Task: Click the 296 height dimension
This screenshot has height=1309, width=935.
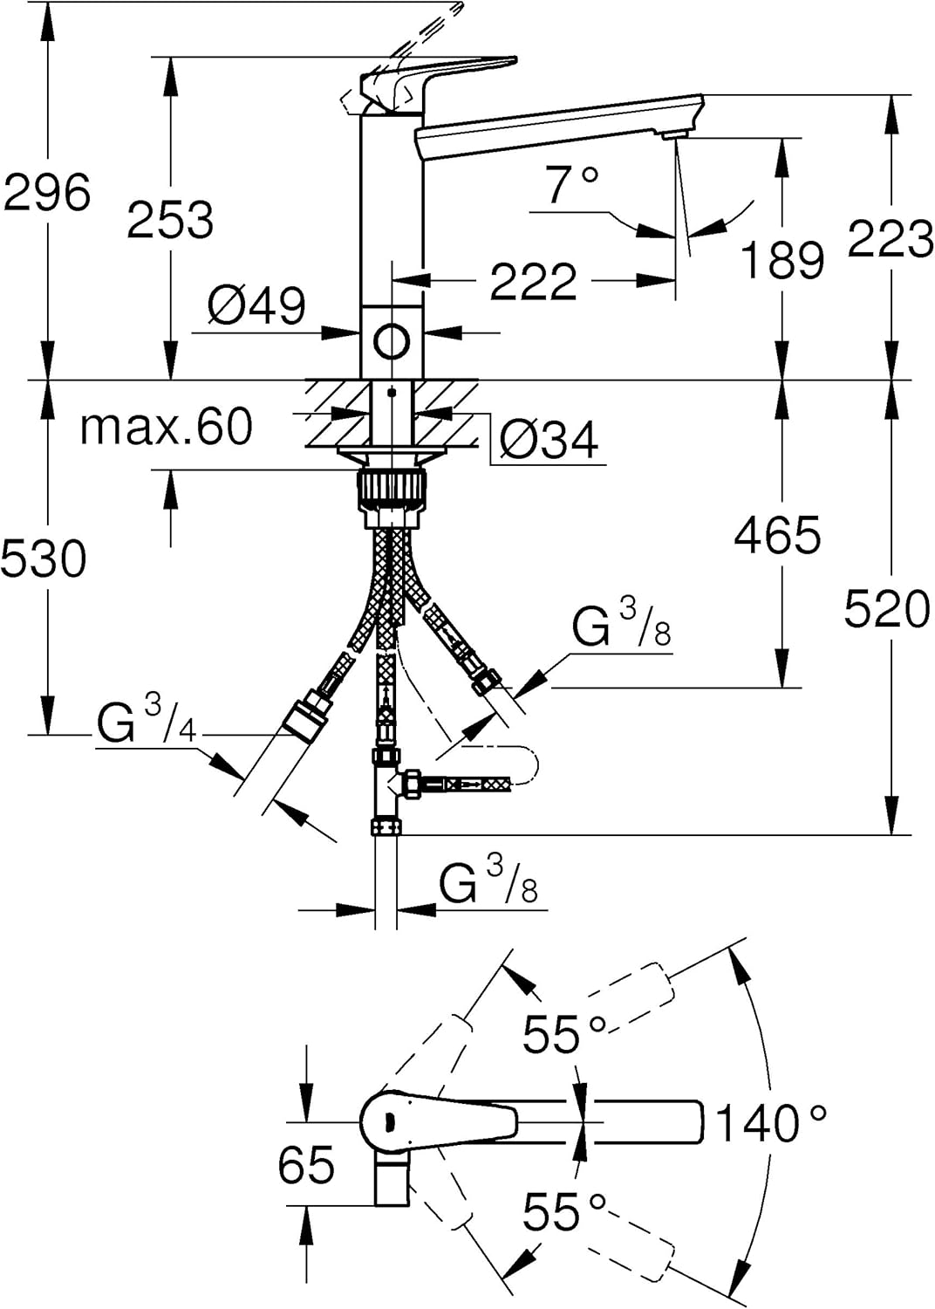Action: (47, 192)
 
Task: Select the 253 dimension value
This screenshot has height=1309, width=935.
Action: (170, 220)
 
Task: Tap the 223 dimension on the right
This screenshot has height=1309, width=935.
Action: (891, 238)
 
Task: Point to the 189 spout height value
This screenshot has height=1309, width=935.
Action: (782, 259)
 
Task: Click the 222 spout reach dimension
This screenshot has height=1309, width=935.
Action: (533, 281)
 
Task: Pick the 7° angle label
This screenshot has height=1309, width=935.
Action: (572, 184)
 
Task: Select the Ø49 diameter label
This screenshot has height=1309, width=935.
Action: (256, 305)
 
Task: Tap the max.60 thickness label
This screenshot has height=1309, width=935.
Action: (166, 427)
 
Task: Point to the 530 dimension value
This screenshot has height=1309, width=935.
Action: (44, 559)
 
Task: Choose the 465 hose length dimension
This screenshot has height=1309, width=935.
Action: (777, 534)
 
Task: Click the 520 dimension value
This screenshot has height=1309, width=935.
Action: (886, 609)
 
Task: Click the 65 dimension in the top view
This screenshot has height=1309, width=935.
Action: (306, 1164)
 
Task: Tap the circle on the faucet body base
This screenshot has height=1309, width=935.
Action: (392, 341)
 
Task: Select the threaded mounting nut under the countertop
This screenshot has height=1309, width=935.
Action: (392, 498)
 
